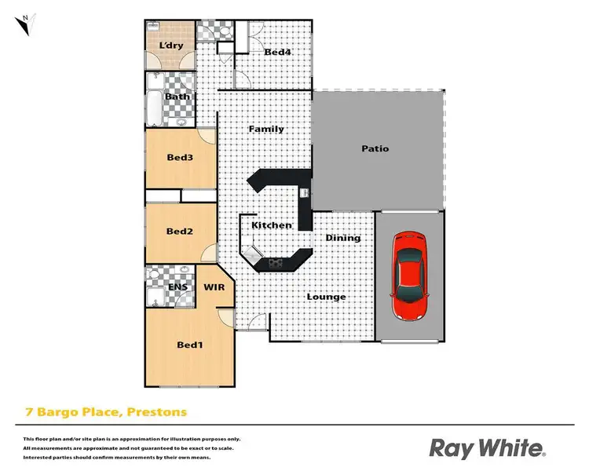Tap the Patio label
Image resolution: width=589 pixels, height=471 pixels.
point(375,148)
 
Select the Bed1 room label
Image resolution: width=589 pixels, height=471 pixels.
point(189,345)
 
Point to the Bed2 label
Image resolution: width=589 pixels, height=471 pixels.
point(180,231)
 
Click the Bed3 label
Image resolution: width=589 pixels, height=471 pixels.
point(180,157)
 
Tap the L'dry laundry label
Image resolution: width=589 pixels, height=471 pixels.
point(170,46)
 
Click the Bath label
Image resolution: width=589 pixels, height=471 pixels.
point(177,97)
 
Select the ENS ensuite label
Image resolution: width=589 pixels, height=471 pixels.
point(178,288)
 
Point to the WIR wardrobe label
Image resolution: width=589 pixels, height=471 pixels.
point(214,288)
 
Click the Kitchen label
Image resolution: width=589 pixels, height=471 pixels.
point(272,225)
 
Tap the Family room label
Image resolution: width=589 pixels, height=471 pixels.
point(266,129)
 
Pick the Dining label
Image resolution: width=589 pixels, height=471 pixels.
point(343,238)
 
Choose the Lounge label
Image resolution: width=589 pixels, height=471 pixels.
point(326,297)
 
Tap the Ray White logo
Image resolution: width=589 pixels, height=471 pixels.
point(486,448)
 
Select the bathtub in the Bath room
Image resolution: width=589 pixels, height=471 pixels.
point(153,109)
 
